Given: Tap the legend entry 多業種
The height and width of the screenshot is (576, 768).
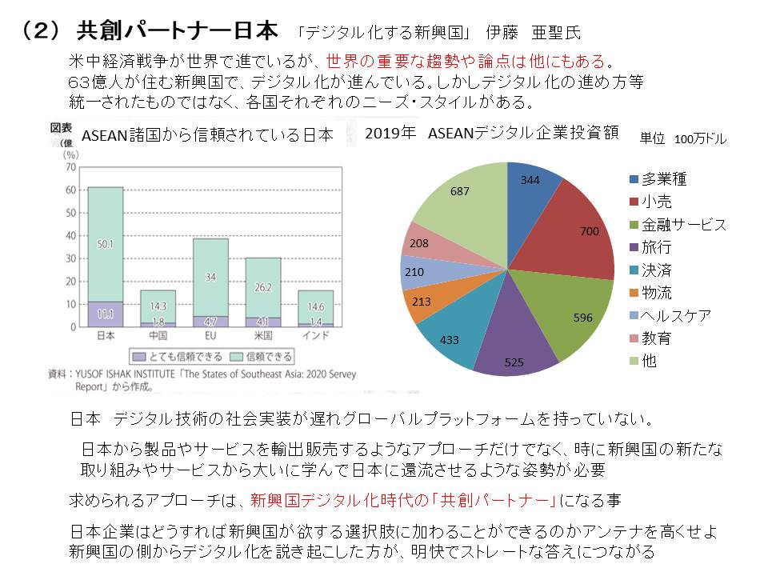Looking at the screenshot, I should click(663, 179).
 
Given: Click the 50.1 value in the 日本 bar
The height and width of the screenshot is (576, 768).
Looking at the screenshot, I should click(105, 243).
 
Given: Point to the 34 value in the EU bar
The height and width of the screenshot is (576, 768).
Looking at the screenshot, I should click(210, 277).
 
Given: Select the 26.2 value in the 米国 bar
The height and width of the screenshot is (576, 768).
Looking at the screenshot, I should click(262, 287).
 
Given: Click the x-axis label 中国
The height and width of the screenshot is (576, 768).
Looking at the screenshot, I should click(158, 334).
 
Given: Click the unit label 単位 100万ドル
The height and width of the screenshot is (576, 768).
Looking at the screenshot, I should click(682, 139).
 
